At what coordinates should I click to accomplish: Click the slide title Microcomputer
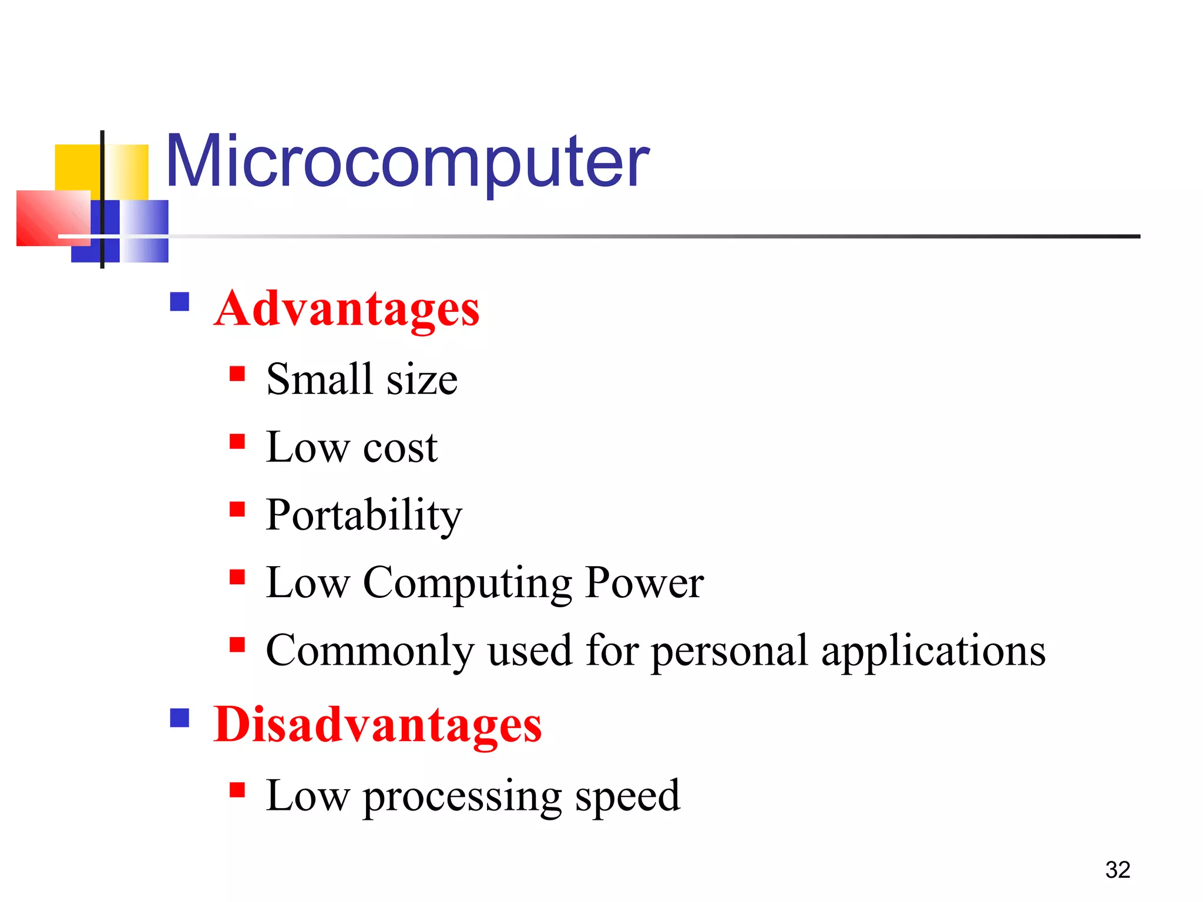pyautogui.click(x=408, y=161)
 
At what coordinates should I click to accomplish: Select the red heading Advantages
pyautogui.click(x=347, y=309)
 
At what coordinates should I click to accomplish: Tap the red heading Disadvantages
pyautogui.click(x=377, y=725)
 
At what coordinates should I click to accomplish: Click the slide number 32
pyautogui.click(x=1117, y=870)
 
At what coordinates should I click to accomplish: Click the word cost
pyautogui.click(x=400, y=447)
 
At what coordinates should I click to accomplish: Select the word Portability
pyautogui.click(x=364, y=515)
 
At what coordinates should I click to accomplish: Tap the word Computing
pyautogui.click(x=468, y=583)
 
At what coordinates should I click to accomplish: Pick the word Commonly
pyautogui.click(x=369, y=651)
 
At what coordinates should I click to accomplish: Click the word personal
pyautogui.click(x=730, y=652)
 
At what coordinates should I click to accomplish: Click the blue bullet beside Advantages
pyautogui.click(x=180, y=302)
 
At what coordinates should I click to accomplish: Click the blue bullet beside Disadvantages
pyautogui.click(x=180, y=718)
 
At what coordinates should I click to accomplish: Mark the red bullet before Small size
pyautogui.click(x=237, y=374)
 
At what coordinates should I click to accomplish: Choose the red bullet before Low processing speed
pyautogui.click(x=237, y=790)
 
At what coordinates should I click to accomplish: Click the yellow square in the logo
pyautogui.click(x=76, y=167)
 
